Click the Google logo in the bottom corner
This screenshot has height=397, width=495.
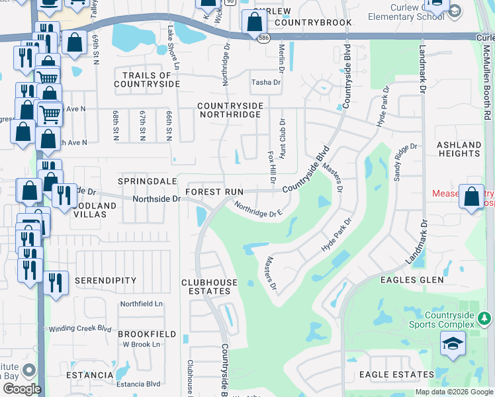[22, 389]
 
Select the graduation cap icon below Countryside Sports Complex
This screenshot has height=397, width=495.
[452, 345]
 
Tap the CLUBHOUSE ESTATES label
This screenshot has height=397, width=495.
[210, 287]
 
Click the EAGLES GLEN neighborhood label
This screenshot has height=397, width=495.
[412, 280]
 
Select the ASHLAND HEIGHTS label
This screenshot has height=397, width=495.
[459, 149]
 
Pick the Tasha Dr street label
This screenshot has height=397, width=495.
[265, 83]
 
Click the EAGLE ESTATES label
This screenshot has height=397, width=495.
[396, 375]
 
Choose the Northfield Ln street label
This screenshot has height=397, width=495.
[141, 304]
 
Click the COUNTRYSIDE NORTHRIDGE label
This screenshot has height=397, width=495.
[230, 110]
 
